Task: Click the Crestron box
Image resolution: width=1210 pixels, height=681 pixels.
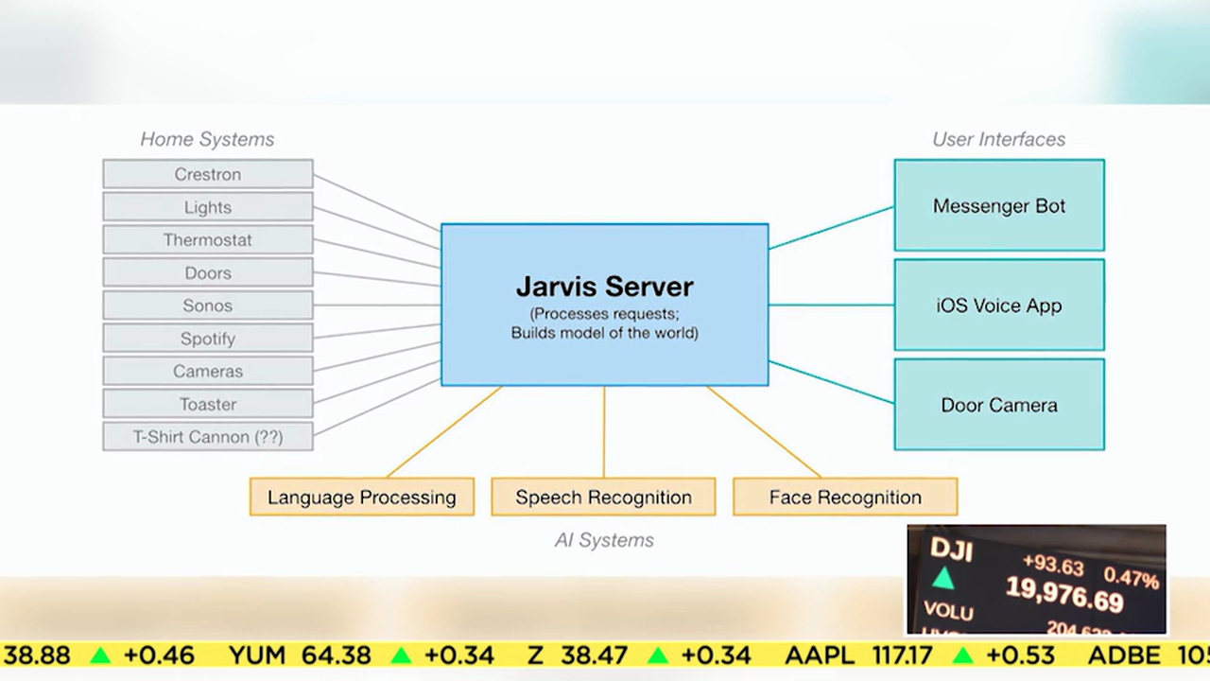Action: pyautogui.click(x=208, y=174)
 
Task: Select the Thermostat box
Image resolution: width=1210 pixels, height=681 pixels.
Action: pyautogui.click(x=208, y=240)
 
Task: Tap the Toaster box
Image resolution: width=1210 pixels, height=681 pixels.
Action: pyautogui.click(x=208, y=404)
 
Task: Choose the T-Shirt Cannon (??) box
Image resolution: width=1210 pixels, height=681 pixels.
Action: pyautogui.click(x=208, y=437)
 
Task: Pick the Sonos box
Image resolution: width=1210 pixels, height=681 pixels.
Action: pyautogui.click(x=208, y=306)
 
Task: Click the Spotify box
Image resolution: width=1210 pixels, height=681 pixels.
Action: pyautogui.click(x=208, y=339)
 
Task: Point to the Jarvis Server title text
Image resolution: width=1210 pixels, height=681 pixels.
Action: pyautogui.click(x=604, y=286)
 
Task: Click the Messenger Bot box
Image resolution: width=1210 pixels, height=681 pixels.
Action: pyautogui.click(x=998, y=205)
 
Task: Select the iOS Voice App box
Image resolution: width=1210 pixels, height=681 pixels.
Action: pyautogui.click(x=998, y=306)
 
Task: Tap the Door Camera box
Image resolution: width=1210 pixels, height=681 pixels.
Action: pyautogui.click(x=998, y=405)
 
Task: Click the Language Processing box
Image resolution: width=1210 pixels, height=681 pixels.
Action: pyautogui.click(x=361, y=498)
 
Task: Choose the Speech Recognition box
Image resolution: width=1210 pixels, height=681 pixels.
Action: pyautogui.click(x=603, y=498)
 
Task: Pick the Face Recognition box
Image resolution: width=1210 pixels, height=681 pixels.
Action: pyautogui.click(x=845, y=498)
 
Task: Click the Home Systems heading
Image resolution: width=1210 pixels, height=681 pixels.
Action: pyautogui.click(x=207, y=139)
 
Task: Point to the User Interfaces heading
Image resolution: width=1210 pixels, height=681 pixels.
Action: pyautogui.click(x=998, y=139)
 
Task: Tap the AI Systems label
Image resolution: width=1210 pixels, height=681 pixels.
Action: pyautogui.click(x=604, y=540)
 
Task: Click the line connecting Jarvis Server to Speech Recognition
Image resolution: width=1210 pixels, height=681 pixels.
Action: pyautogui.click(x=604, y=431)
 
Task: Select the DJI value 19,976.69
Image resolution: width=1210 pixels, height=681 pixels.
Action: pyautogui.click(x=1064, y=595)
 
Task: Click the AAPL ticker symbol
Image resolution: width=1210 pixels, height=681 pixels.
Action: pyautogui.click(x=819, y=655)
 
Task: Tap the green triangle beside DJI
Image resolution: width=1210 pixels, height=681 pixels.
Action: pyautogui.click(x=942, y=579)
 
